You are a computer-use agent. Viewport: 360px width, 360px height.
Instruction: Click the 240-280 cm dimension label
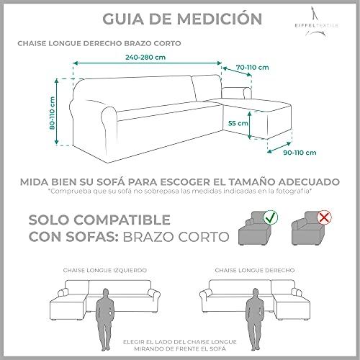(145, 57)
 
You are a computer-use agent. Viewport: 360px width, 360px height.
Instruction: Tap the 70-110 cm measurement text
(252, 68)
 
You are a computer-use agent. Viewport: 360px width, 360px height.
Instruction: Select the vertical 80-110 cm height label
(52, 113)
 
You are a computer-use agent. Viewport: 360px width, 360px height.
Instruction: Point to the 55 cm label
(238, 123)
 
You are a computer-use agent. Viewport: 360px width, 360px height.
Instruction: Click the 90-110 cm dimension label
(300, 153)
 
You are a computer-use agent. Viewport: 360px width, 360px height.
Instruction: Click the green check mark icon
(271, 217)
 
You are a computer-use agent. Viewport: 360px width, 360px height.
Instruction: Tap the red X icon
(324, 218)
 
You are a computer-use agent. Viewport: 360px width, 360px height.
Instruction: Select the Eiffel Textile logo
(317, 22)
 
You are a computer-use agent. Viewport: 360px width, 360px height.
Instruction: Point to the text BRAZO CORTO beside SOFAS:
(176, 237)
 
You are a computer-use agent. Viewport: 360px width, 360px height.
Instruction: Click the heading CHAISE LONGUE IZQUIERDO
(105, 270)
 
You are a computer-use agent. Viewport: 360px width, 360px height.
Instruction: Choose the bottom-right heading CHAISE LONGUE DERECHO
(255, 270)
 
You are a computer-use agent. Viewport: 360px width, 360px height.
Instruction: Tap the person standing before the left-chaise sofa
(105, 320)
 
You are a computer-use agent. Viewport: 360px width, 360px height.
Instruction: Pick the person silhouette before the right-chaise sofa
(255, 320)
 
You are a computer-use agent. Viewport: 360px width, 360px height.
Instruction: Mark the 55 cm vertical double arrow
(250, 125)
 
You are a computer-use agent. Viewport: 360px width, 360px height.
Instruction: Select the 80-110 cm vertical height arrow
(57, 112)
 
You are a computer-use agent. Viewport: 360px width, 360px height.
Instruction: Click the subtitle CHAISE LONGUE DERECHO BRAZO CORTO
(99, 43)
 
